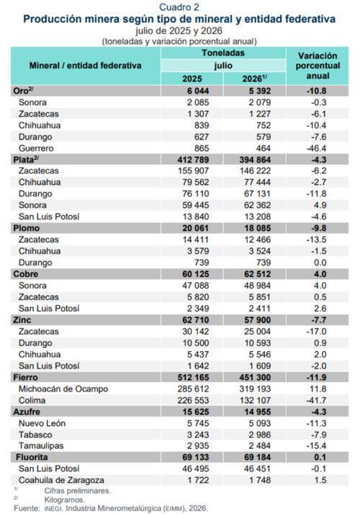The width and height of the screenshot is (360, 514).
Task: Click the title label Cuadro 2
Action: pos(179,7)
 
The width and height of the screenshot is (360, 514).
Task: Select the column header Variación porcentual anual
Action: pos(318,66)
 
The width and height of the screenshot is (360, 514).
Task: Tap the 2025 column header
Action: pos(192,78)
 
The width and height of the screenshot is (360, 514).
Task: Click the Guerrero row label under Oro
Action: pos(36,148)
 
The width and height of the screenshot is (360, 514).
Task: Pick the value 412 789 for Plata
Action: pos(194,160)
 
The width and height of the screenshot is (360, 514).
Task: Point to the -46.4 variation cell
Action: pos(316,148)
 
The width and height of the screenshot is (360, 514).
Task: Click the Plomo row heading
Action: pos(26,228)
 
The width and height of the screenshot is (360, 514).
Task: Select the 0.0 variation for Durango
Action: pos(320,263)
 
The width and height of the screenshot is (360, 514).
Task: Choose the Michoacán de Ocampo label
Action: pos(63,389)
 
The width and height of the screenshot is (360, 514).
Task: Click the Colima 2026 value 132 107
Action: pos(255,400)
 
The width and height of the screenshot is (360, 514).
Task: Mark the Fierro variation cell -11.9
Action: pos(316,377)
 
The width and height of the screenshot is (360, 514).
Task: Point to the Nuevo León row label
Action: pos(42,423)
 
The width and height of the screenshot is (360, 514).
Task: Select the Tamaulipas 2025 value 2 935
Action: pos(198,446)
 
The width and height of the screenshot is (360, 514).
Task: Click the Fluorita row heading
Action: pos(32,457)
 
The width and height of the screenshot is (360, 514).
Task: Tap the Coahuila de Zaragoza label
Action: pos(61,480)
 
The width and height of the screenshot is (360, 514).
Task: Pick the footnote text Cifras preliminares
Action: pos(78,491)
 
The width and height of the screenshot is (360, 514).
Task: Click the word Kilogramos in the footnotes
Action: pos(65,500)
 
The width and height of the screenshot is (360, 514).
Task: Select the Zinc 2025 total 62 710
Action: pos(195,320)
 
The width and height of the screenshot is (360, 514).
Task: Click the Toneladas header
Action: pos(223,53)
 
